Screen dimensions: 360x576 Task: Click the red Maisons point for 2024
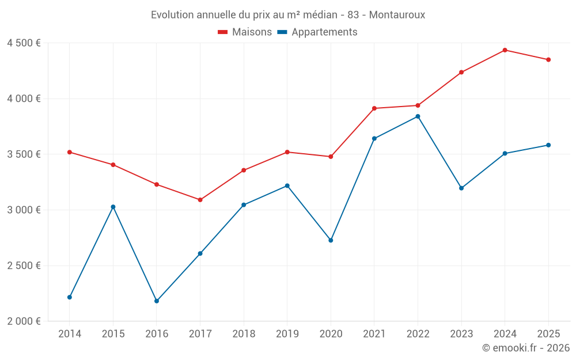(505, 50)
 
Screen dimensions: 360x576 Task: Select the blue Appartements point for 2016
(157, 301)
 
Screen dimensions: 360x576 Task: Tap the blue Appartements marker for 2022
(418, 116)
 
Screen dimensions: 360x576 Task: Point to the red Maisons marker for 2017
(200, 200)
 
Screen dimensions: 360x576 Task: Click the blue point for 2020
(331, 240)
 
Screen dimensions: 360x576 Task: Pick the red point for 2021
(374, 108)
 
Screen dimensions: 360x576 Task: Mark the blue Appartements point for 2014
(70, 297)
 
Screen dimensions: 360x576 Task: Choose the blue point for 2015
(113, 207)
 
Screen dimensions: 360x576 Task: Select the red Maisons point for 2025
(548, 59)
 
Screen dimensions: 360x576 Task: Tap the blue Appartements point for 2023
(461, 188)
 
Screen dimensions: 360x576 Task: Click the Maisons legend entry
(245, 32)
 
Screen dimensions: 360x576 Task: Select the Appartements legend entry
(317, 32)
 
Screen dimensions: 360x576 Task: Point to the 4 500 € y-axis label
(24, 43)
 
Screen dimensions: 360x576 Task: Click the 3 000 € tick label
(24, 210)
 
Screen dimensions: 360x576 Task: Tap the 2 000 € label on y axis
(24, 321)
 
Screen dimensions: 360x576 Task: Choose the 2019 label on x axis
(287, 334)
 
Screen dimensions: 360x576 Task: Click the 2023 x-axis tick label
(461, 334)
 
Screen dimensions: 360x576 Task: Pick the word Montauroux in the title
(397, 15)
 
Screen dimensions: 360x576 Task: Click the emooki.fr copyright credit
(525, 348)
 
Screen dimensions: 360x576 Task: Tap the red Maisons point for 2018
(244, 170)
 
